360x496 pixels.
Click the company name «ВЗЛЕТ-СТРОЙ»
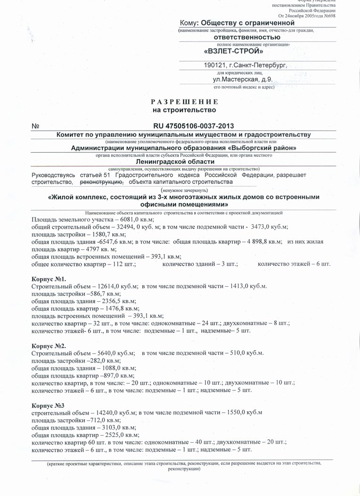point(234,51)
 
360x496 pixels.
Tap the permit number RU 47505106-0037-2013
point(193,126)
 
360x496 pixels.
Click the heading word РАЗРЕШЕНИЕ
point(184,102)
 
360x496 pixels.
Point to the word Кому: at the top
point(188,23)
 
